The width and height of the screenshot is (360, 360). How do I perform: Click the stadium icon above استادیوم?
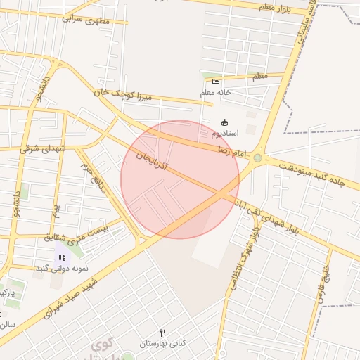224,122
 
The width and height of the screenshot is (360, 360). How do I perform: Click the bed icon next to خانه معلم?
215,82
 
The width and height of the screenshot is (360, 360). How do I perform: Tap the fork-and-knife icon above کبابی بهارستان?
163,333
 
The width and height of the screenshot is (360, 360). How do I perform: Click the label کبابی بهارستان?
163,343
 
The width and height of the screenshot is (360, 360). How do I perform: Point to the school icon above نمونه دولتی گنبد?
62,258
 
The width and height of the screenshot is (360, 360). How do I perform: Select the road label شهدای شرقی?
43,148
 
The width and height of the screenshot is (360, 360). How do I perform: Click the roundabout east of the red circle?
257,158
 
